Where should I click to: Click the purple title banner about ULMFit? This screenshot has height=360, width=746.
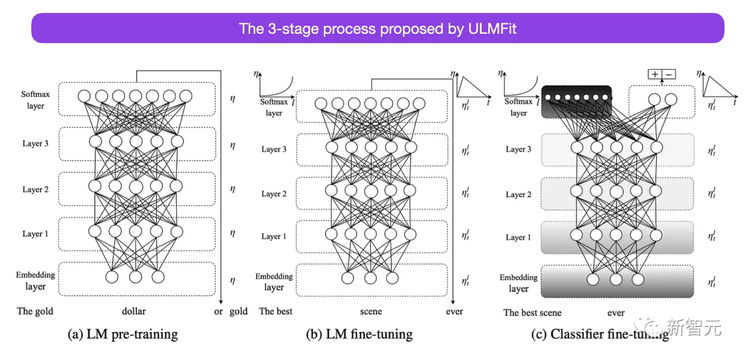377,28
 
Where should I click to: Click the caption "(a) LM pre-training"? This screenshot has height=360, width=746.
122,334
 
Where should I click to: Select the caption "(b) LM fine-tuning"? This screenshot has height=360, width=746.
359,334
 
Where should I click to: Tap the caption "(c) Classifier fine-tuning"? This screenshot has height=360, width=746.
600,334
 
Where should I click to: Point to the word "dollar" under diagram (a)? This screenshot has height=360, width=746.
134,312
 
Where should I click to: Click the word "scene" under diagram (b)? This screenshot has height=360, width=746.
371,312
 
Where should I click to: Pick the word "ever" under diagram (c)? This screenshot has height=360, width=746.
615,312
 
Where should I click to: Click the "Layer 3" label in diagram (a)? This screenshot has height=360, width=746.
35,143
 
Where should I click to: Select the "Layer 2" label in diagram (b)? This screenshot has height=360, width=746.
274,194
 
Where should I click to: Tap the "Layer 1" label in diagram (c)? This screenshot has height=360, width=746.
519,237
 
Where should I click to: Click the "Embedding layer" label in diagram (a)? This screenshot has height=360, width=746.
35,281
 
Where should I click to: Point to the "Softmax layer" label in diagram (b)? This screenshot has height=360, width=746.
274,107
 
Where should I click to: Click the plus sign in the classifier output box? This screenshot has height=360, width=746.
654,74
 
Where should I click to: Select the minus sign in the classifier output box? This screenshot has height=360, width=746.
669,74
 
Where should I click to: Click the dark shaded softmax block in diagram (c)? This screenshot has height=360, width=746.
577,102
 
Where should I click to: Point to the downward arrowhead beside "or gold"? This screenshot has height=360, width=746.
220,301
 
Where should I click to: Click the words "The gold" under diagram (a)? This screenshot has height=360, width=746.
35,312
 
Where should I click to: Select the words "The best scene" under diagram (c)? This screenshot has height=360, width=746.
533,312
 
